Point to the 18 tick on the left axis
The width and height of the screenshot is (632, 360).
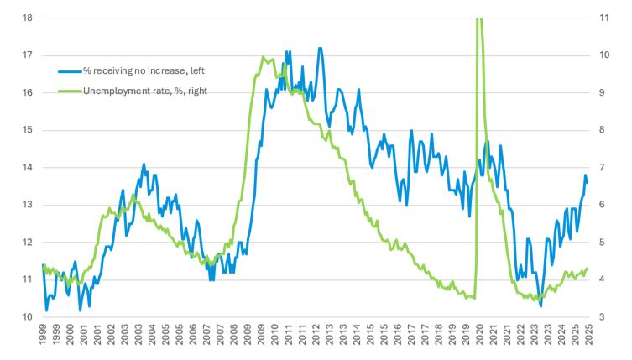pyautogui.click(x=28, y=18)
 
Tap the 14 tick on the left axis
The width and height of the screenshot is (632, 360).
pyautogui.click(x=28, y=167)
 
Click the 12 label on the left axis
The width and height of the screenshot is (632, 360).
pyautogui.click(x=28, y=242)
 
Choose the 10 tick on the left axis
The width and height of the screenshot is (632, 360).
pyautogui.click(x=28, y=316)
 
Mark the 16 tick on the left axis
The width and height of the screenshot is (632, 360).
pyautogui.click(x=28, y=92)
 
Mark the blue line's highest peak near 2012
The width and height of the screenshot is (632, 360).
pyautogui.click(x=320, y=49)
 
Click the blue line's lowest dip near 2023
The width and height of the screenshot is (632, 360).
pyautogui.click(x=541, y=305)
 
